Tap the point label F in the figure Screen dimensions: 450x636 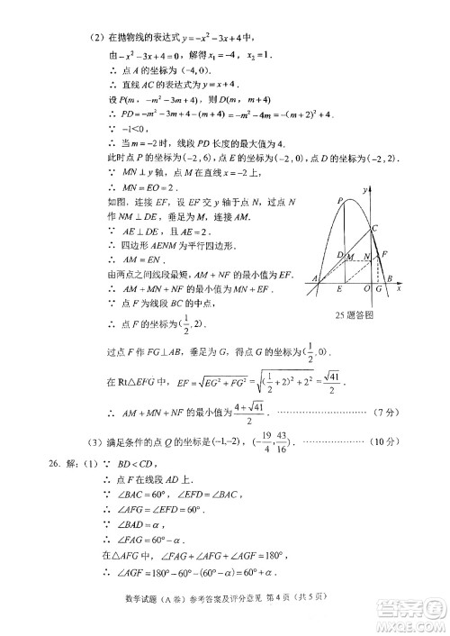(x=384, y=254)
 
